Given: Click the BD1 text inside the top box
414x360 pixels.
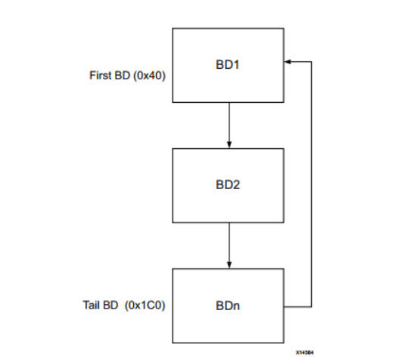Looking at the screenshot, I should (229, 64).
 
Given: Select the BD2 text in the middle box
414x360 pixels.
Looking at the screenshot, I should (229, 185).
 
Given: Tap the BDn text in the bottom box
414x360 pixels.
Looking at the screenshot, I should (229, 306).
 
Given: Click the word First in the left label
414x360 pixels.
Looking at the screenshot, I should (100, 76).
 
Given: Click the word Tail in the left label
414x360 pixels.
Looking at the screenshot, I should (92, 306).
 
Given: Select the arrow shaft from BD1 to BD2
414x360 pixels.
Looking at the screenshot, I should (229, 121).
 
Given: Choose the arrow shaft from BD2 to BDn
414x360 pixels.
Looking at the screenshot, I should (229, 242).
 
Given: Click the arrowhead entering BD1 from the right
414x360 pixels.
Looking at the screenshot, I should (289, 61).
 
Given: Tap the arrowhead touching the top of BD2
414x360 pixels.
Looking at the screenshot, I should (229, 144).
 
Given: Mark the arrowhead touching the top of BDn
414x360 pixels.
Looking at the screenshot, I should (229, 265).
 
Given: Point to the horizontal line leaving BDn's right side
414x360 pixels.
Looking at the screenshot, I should (297, 306).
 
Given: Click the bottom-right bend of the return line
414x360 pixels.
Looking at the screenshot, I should (311, 306).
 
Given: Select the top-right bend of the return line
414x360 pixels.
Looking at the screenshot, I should (311, 61).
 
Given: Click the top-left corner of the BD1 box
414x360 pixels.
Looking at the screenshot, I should (173, 29).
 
